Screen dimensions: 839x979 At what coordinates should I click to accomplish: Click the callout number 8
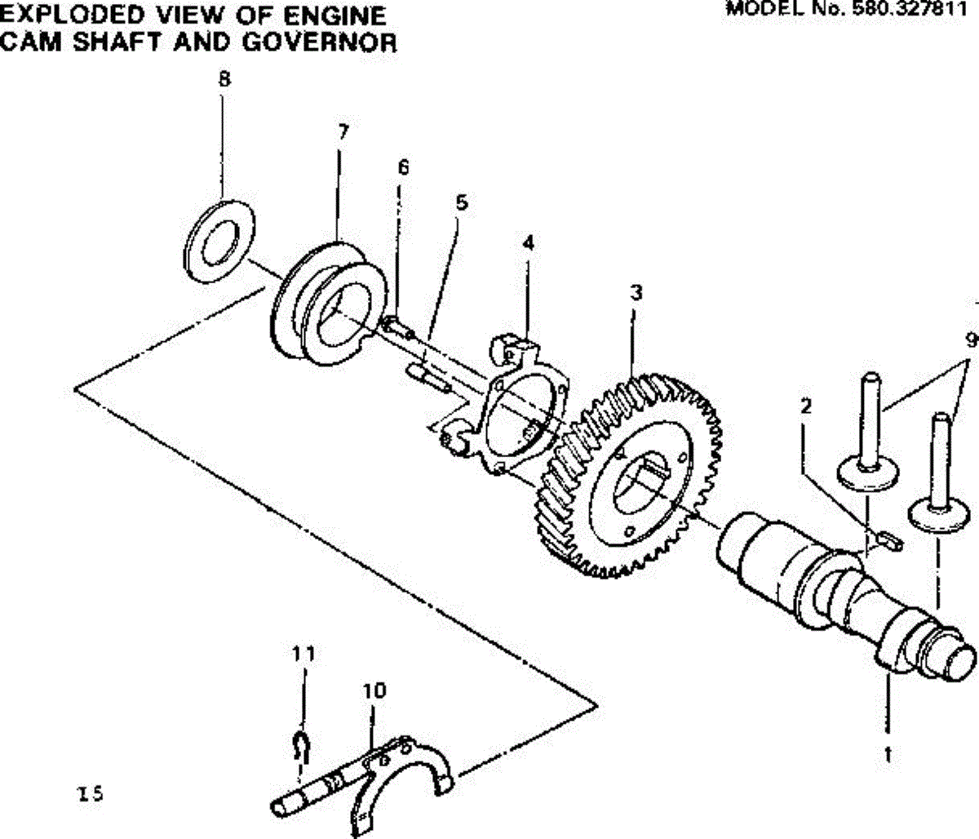click(224, 79)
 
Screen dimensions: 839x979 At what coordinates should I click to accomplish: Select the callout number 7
click(343, 132)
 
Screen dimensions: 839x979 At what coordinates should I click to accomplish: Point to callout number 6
click(403, 167)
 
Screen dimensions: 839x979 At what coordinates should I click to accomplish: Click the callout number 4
click(528, 242)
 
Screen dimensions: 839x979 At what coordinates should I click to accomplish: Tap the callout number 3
click(636, 292)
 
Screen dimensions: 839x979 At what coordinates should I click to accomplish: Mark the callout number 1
click(888, 755)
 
